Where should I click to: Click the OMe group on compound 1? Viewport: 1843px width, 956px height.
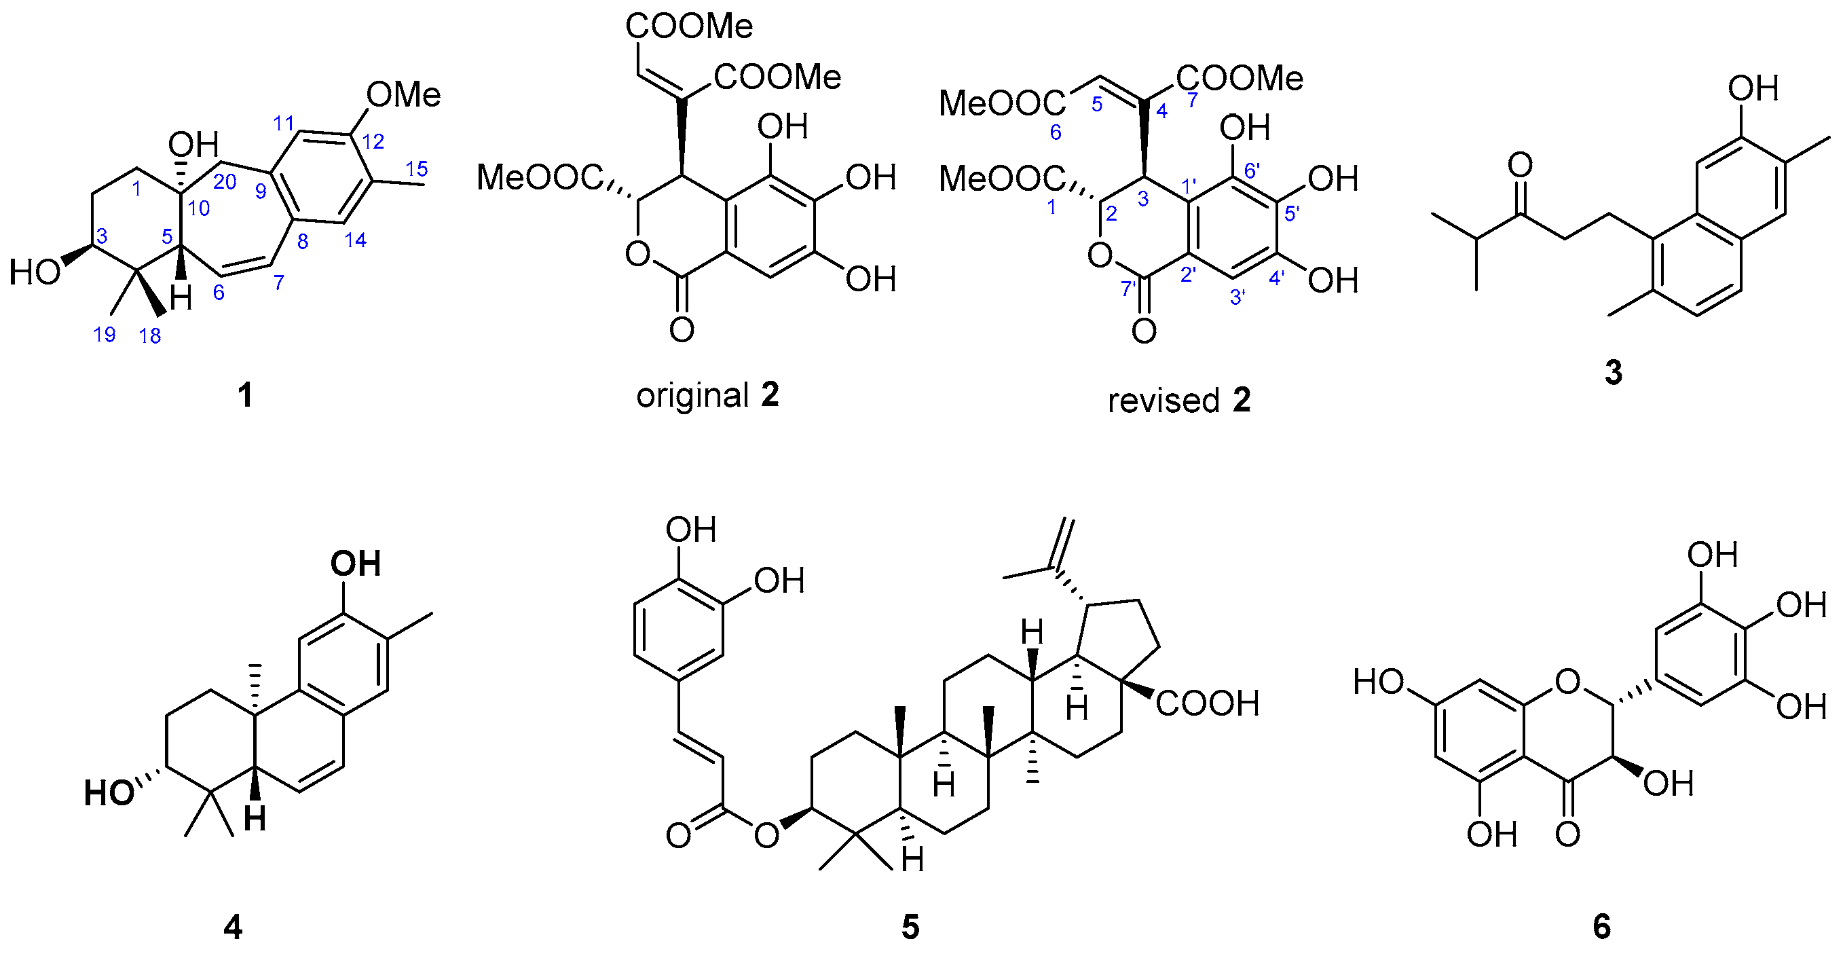click(403, 95)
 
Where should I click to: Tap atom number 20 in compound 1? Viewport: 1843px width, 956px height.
click(225, 182)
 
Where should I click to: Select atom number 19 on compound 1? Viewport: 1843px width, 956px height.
click(105, 333)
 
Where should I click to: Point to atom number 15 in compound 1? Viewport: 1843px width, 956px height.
click(417, 169)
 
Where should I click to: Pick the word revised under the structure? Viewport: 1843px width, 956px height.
click(1163, 401)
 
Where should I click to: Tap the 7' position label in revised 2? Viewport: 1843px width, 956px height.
click(1129, 289)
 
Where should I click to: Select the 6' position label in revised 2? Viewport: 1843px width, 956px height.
click(1252, 170)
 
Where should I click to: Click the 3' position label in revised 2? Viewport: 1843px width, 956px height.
click(1237, 297)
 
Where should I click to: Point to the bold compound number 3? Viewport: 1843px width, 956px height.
click(1614, 373)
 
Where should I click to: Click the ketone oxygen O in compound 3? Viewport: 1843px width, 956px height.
click(1521, 165)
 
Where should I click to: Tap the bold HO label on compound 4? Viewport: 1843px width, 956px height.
click(109, 793)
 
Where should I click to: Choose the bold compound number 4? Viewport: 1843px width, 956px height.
click(234, 927)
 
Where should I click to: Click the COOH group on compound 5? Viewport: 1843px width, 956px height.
click(1208, 703)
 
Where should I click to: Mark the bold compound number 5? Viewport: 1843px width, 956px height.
click(910, 927)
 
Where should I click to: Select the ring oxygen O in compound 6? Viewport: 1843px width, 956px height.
click(1567, 682)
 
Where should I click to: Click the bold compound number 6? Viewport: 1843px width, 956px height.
click(1602, 927)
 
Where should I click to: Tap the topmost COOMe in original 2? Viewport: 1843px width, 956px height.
click(689, 26)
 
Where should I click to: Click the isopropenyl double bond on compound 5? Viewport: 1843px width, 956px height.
click(1063, 544)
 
